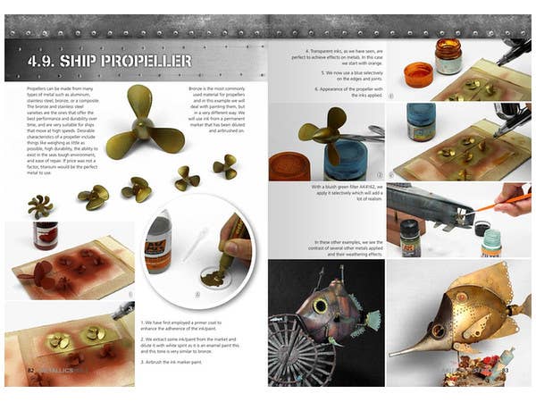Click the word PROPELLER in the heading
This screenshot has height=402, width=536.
pos(149,62)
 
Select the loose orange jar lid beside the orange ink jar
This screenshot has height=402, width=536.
pos(418,73)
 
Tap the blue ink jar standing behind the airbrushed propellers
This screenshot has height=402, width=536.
pos(419,120)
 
